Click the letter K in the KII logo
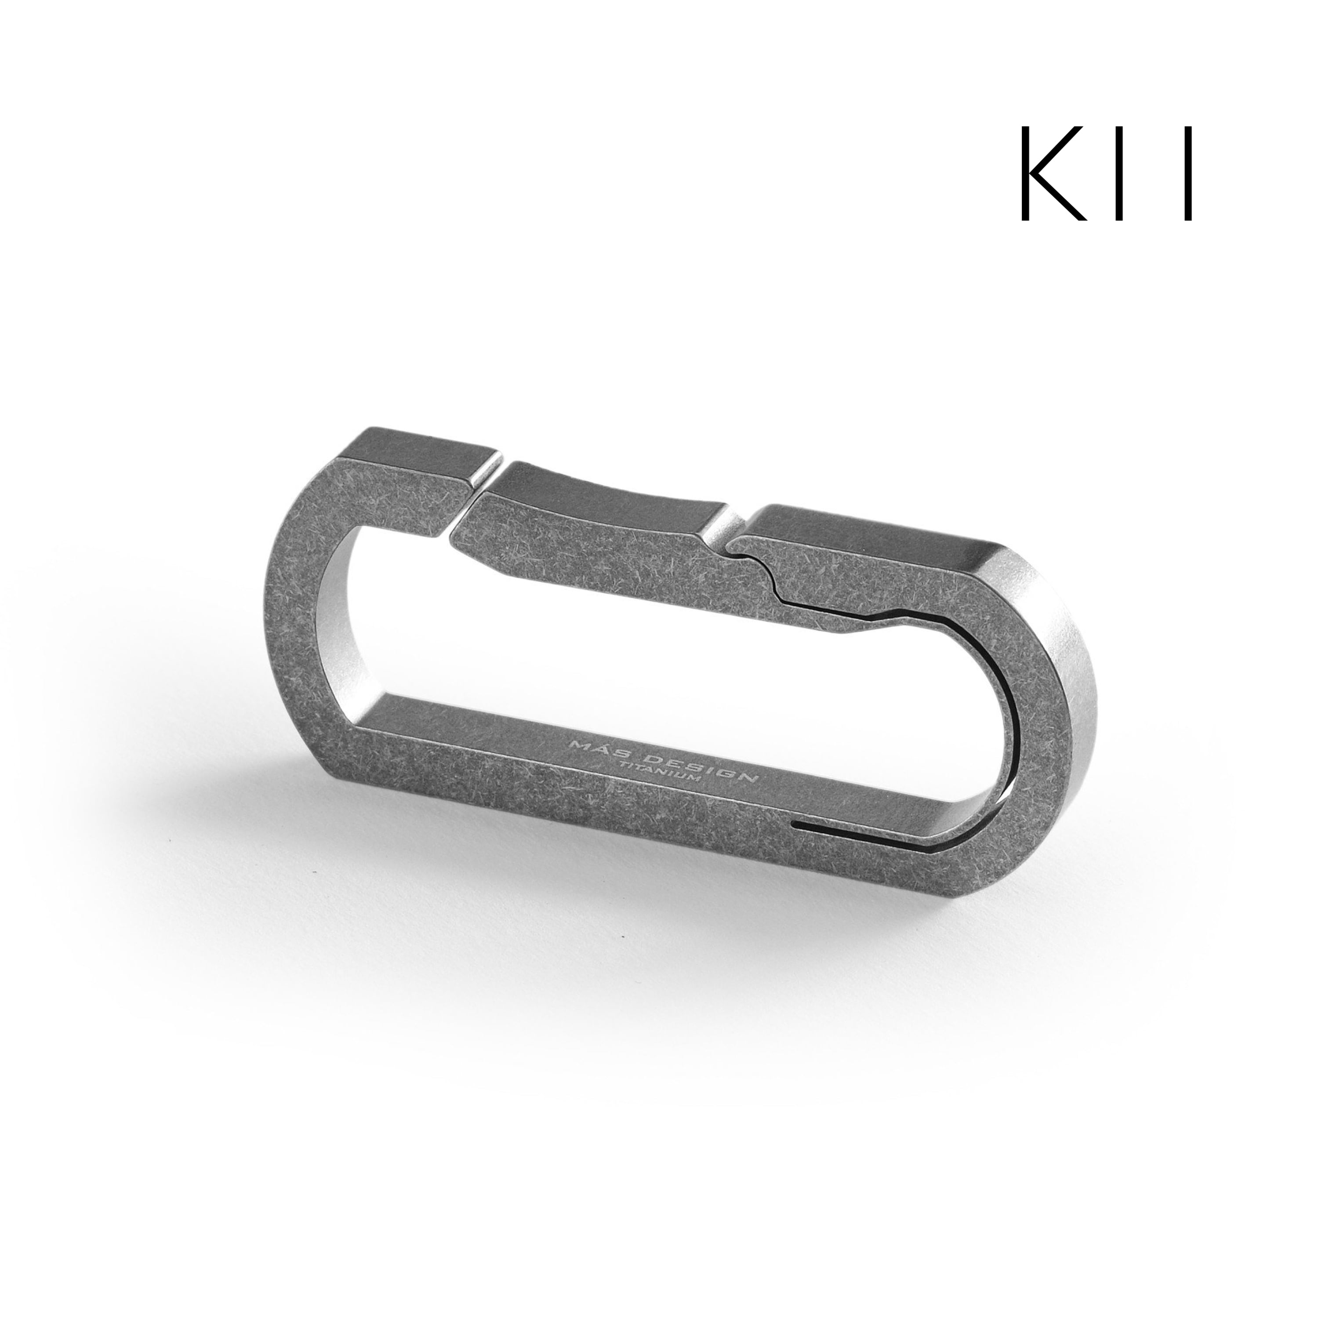click(x=1050, y=182)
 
